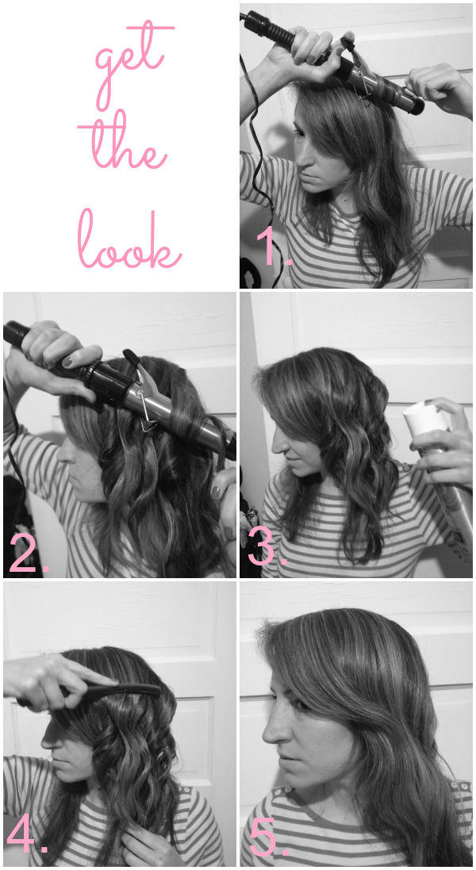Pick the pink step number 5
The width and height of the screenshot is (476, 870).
tap(267, 838)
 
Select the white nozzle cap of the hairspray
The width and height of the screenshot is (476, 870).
tap(419, 420)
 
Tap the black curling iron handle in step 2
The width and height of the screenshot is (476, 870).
tap(48, 349)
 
